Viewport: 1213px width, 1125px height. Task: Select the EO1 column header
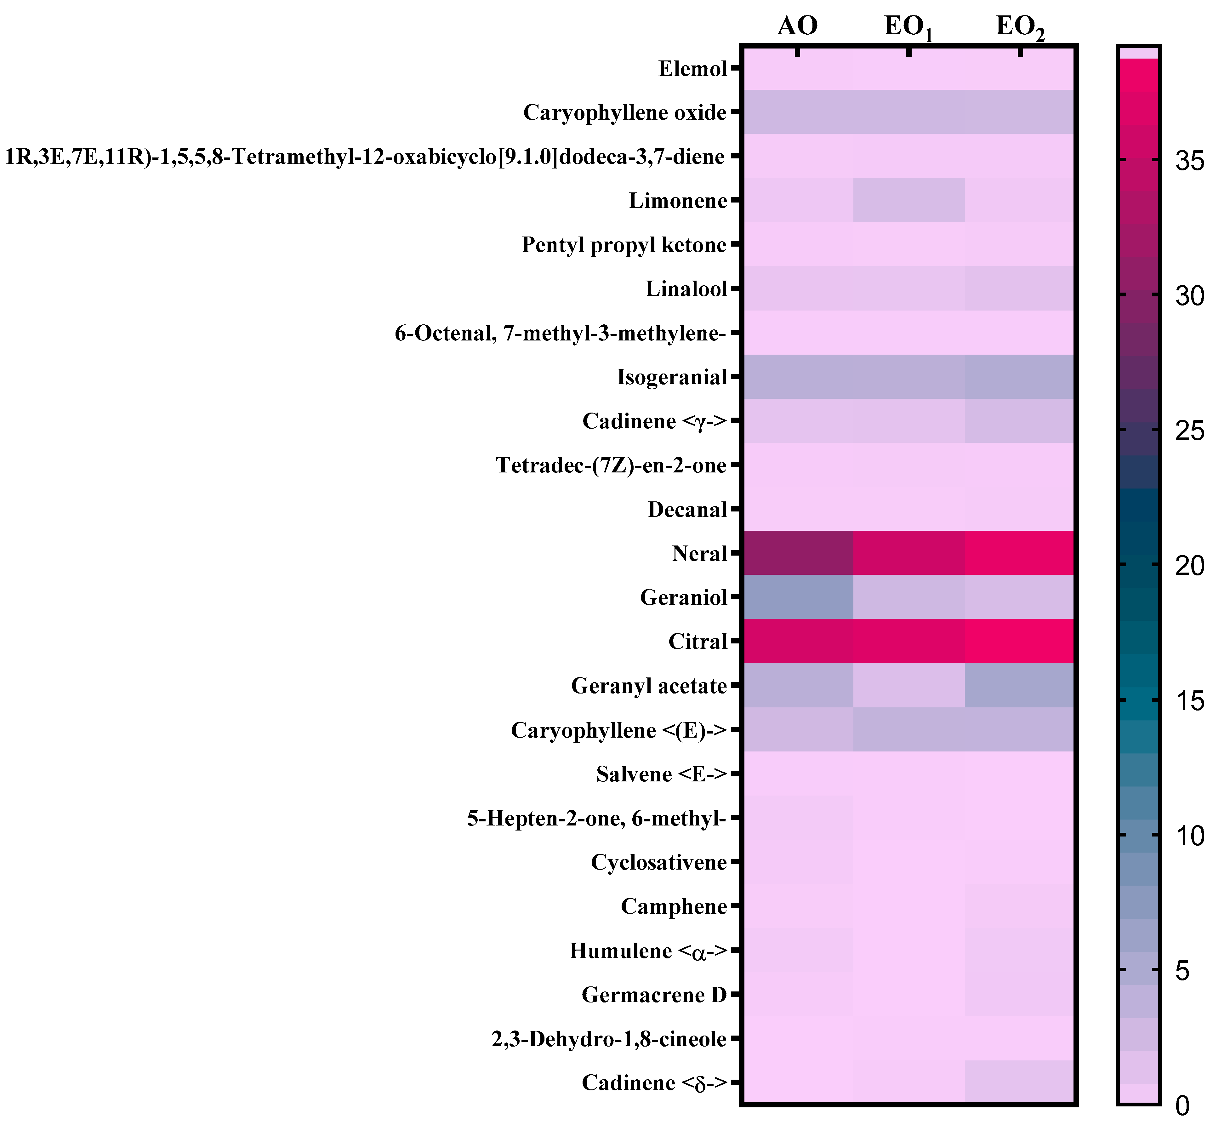pos(908,28)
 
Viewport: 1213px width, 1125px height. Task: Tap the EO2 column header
pos(1020,28)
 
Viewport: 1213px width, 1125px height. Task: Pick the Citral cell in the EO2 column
pos(1020,641)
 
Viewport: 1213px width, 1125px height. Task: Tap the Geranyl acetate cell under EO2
pos(1020,685)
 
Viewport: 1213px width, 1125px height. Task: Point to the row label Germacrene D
pos(654,995)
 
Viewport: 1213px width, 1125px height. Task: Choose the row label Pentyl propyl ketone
pos(624,245)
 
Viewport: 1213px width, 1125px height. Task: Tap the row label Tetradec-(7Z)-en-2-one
pos(611,465)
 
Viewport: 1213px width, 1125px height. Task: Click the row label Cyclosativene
pos(658,862)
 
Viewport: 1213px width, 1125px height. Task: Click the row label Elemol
pos(692,69)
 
